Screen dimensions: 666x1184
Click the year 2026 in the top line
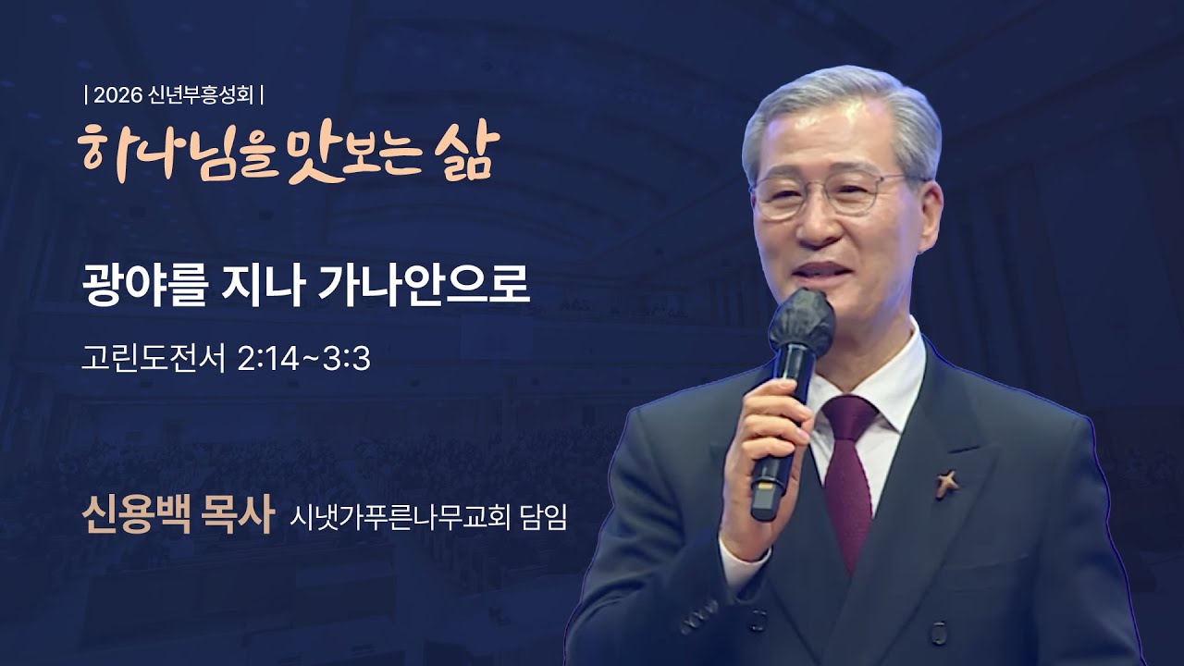[117, 94]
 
